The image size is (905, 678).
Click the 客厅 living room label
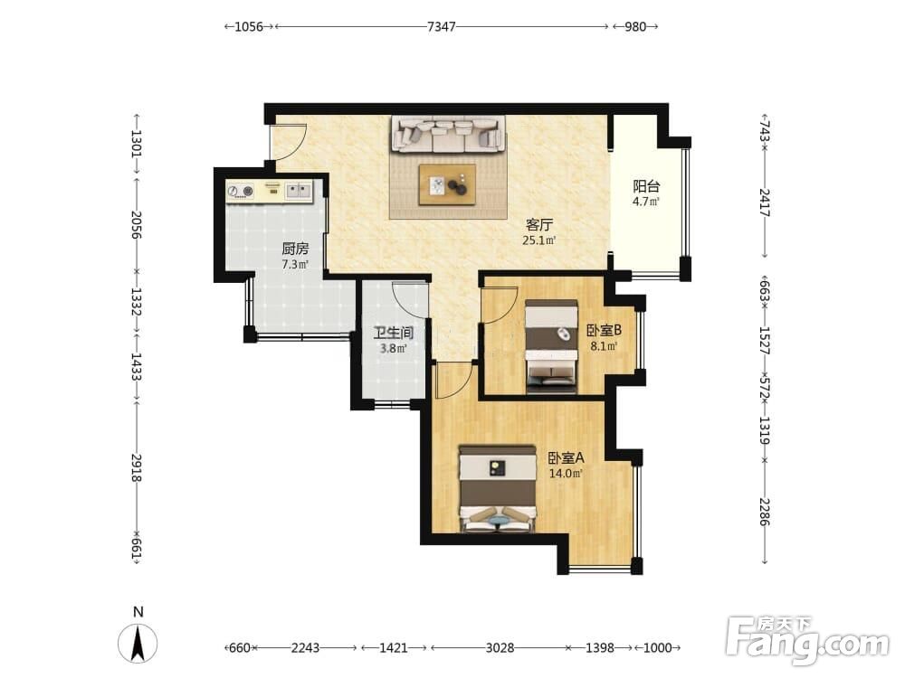point(539,224)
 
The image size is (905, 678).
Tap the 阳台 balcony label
point(646,186)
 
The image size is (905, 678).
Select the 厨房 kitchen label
point(295,250)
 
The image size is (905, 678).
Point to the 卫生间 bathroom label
point(393,333)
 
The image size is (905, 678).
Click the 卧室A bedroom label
point(567,458)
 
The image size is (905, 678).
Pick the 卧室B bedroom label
point(604,330)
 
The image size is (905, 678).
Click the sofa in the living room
point(448,135)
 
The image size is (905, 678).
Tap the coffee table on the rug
point(447,184)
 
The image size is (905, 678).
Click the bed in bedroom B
point(552,346)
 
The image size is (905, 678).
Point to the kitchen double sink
point(299,190)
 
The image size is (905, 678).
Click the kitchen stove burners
point(240,191)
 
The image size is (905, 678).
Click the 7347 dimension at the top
point(442,26)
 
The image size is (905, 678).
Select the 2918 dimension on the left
point(137,467)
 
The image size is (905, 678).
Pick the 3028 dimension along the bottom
point(500,647)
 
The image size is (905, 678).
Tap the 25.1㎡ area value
point(539,240)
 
